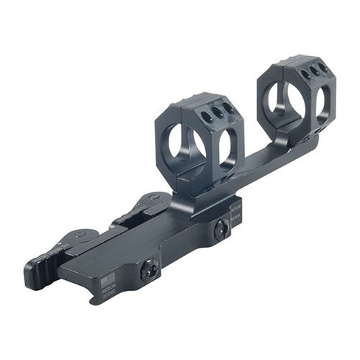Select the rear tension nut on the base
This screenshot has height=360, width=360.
[222, 230]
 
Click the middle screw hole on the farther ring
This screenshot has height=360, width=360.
[315, 70]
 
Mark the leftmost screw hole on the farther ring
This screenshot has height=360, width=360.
[305, 74]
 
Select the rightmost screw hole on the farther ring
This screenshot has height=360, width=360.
[323, 66]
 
